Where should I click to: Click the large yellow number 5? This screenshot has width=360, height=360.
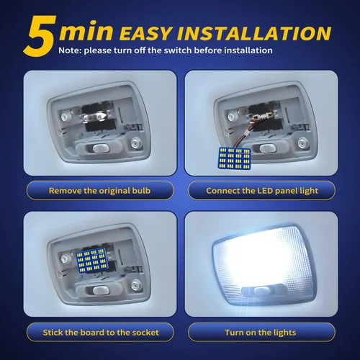coord(40,36)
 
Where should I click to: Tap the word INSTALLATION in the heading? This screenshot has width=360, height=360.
coord(254,33)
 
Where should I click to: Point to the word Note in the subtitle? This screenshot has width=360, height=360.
coord(70,50)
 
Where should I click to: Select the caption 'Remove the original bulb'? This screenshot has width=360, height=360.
coord(99,191)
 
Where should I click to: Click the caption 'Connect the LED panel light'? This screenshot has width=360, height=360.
coord(262,191)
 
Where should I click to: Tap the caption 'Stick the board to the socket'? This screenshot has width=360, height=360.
coord(101,333)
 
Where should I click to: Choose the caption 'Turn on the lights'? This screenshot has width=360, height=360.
coord(261,333)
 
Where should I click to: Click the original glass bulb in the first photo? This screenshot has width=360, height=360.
coord(95,117)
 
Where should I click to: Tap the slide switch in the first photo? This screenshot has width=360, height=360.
coord(99,148)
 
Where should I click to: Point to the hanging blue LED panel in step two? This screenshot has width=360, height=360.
coord(235,158)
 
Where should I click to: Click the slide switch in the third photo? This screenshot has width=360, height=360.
coord(99,291)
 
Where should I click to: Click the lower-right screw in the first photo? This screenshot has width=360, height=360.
coord(135,143)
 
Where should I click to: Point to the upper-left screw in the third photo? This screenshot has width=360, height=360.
coord(65,259)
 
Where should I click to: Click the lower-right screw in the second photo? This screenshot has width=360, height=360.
coord(302,143)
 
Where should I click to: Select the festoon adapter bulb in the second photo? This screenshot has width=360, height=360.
coord(261,117)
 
